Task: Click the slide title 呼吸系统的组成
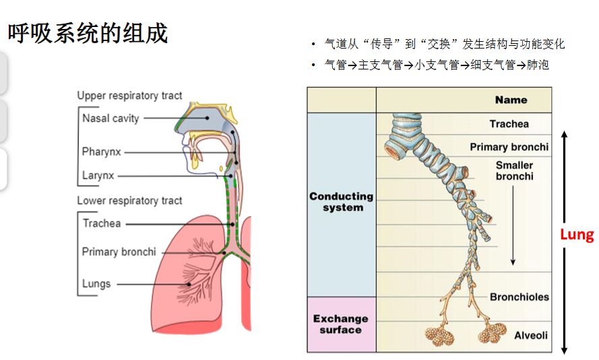[x=88, y=33]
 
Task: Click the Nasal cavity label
[x=111, y=119]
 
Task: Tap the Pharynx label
[x=102, y=152]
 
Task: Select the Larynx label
[x=98, y=175]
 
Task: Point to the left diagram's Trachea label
[x=102, y=223]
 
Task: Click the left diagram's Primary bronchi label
[x=119, y=252]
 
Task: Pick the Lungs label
[x=96, y=284]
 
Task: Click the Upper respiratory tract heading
[x=129, y=96]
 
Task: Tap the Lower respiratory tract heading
[x=129, y=201]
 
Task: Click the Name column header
[x=511, y=100]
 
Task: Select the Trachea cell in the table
[x=509, y=124]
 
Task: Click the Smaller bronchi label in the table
[x=515, y=171]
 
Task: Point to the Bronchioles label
[x=519, y=297]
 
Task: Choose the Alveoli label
[x=531, y=336]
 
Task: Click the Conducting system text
[x=342, y=202]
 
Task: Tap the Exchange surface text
[x=341, y=324]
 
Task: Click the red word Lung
[x=577, y=234]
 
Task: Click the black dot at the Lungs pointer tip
[x=189, y=284]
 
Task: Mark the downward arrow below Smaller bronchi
[x=513, y=225]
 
